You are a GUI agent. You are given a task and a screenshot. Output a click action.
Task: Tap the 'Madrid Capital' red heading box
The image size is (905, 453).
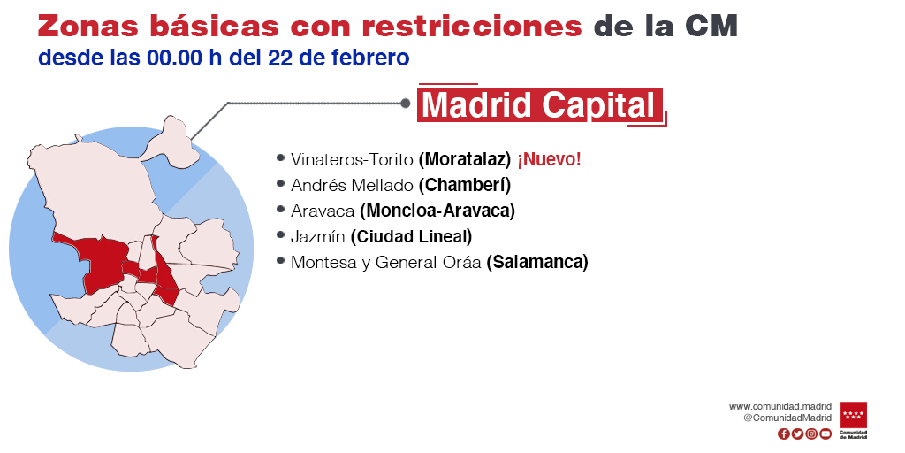(x=540, y=104)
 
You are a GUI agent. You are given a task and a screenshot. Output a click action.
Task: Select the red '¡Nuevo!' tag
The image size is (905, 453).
(x=549, y=159)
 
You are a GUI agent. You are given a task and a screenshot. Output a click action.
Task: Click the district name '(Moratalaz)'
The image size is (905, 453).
(x=465, y=159)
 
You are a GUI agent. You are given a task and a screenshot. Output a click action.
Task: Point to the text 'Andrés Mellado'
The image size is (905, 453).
(x=352, y=185)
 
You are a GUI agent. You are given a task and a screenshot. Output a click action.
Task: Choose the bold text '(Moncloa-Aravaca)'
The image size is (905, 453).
(x=437, y=211)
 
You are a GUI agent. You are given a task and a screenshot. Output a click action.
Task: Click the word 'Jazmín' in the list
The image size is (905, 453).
(x=318, y=236)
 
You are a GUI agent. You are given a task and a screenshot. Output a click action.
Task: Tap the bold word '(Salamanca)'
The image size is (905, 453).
(x=537, y=262)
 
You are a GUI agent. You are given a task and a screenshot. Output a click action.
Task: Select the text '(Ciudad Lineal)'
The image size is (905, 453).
(x=411, y=236)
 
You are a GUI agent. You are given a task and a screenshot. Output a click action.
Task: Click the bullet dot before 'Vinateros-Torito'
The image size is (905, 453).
(x=280, y=157)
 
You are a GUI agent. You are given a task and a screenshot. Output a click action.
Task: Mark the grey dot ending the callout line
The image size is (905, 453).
(x=405, y=104)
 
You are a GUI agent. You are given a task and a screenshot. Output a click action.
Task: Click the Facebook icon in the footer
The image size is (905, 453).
(x=784, y=434)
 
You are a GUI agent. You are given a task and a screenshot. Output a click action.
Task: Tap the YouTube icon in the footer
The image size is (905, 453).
(x=826, y=434)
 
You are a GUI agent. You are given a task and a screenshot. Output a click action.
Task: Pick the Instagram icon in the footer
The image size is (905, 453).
(x=811, y=434)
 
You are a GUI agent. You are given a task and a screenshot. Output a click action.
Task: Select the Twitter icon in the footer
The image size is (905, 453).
(x=798, y=434)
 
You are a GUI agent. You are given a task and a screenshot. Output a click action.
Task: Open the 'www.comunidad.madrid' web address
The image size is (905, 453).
(x=780, y=407)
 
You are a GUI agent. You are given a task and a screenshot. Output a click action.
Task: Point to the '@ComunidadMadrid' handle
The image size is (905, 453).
(x=787, y=418)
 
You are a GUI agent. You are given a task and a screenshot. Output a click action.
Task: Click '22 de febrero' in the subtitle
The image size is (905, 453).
(x=338, y=58)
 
